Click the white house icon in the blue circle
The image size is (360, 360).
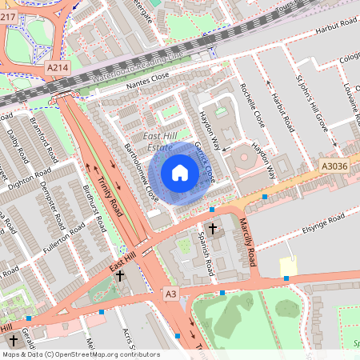tap(180, 173)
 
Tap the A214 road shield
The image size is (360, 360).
tap(57, 69)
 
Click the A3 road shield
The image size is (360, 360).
tap(170, 294)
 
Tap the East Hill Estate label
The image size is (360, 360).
tap(158, 142)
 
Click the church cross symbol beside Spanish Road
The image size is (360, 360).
tap(213, 230)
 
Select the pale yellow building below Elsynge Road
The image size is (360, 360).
tap(287, 265)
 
